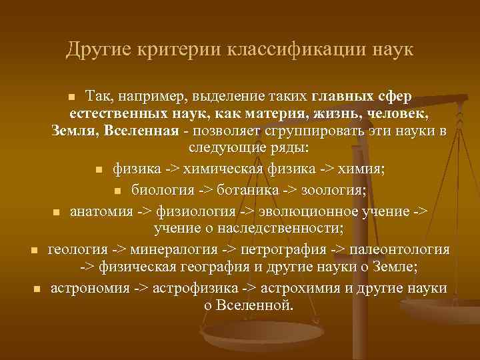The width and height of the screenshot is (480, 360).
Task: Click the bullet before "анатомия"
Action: coord(57,213)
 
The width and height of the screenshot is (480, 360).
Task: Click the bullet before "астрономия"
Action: coord(37,289)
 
